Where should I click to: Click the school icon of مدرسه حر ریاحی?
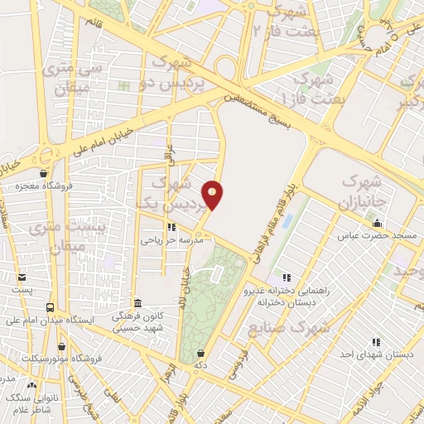pos(171,226)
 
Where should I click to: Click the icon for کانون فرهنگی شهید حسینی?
pos(138,303)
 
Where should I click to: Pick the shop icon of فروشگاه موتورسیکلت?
pos(61,346)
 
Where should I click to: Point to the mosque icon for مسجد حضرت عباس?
pos(378,223)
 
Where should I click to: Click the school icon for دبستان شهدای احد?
pos(376,341)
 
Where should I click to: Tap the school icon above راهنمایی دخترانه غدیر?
pos(287,277)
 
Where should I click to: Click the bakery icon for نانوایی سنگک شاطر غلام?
pos(32,385)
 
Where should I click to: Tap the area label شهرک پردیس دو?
pos(173,72)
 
